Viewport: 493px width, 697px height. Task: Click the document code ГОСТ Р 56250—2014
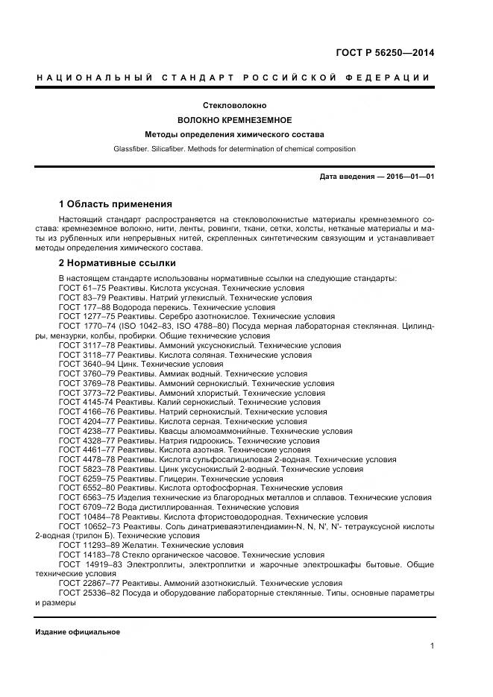coord(386,53)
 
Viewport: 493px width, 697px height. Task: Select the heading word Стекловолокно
coord(235,106)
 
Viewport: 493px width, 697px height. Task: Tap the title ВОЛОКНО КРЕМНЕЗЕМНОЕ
coord(234,120)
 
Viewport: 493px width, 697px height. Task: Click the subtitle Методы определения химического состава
coord(234,135)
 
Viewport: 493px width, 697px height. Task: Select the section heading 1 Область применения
coord(115,204)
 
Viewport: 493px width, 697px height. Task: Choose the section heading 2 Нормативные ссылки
coord(117,263)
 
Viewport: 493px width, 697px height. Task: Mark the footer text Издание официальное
coord(78,632)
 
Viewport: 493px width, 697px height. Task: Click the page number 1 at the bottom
coord(432,646)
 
